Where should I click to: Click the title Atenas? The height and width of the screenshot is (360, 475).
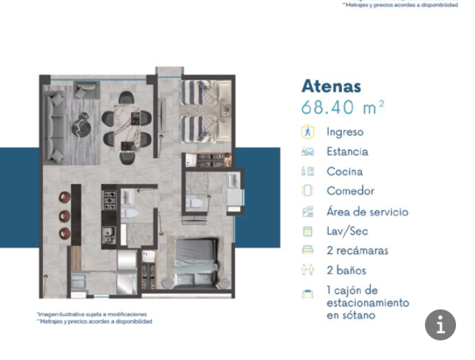[331, 86]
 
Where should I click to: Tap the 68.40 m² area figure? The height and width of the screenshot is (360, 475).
[343, 108]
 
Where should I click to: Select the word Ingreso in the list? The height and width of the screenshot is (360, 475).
[345, 132]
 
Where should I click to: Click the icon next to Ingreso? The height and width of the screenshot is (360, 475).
[308, 132]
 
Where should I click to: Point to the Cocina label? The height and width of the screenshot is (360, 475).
[345, 171]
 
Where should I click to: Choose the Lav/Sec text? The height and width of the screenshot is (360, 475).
[348, 231]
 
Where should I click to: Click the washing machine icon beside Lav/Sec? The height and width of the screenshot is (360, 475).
[308, 232]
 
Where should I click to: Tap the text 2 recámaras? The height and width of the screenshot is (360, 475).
[357, 251]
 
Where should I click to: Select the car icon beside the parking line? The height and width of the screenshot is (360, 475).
[308, 294]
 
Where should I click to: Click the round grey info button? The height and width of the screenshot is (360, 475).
[440, 325]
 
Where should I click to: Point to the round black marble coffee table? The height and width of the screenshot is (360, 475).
[81, 125]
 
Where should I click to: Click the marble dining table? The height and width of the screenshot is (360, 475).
[127, 127]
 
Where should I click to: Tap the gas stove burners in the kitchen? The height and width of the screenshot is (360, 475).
[110, 200]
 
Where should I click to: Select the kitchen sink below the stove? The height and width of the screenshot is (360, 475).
[108, 235]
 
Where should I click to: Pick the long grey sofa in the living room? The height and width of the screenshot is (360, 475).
[54, 127]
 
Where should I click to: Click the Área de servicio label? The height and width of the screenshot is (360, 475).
[367, 212]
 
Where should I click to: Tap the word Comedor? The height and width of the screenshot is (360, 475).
[350, 191]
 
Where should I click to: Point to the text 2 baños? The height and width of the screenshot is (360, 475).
[346, 270]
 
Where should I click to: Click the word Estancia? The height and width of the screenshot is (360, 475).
[348, 152]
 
